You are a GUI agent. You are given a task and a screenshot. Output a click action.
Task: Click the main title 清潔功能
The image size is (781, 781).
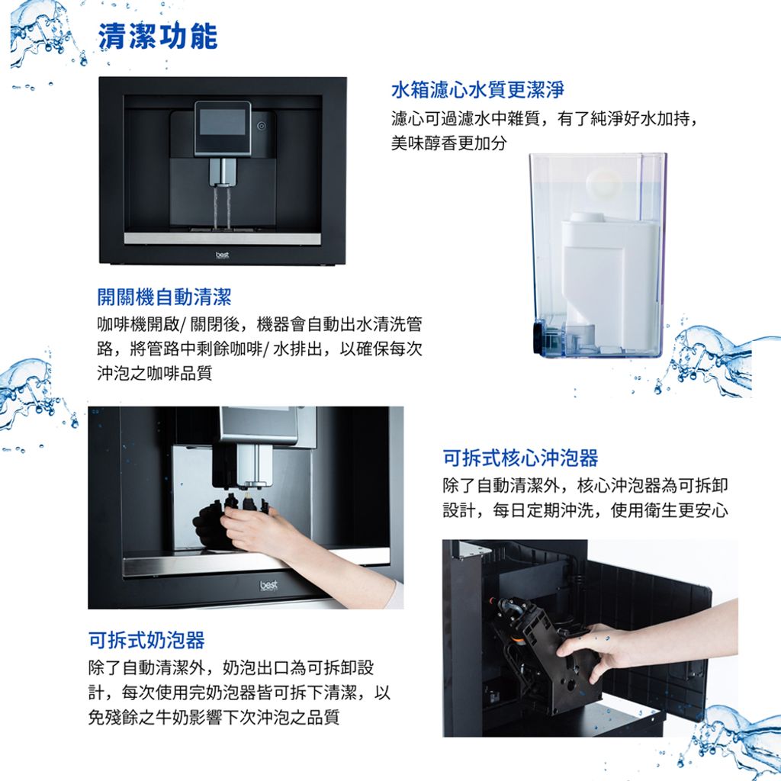pos(157,37)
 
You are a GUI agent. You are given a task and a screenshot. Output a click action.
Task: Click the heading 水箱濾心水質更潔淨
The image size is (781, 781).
pos(477,90)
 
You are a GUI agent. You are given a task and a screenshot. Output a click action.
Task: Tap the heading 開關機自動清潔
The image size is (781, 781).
pos(165,297)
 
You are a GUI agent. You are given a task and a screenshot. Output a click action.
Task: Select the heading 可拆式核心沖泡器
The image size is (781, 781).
pos(520,458)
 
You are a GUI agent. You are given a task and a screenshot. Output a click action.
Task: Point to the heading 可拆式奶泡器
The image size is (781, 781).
pos(146,640)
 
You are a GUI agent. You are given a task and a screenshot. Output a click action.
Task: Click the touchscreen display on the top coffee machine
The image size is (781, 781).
pos(222,122)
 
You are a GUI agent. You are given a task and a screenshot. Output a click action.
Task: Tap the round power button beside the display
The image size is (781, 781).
pos(262,126)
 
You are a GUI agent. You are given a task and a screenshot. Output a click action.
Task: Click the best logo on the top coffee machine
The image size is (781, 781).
pos(222,255)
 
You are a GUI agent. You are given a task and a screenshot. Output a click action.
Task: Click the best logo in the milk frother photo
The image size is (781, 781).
pos(268,585)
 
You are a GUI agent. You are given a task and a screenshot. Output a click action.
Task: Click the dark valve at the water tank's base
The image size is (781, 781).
pos(538,338)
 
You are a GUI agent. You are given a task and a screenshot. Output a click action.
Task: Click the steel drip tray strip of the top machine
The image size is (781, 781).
pos(222,239)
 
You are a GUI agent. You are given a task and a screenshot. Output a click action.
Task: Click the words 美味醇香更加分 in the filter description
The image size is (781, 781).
pos(448,143)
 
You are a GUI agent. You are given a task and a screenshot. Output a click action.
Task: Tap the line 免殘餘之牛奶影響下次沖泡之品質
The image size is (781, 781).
pos(214,717)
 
